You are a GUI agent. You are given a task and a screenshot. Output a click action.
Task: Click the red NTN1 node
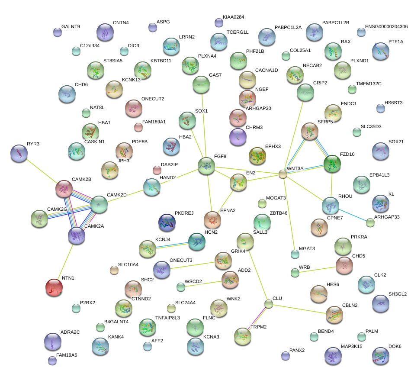point(54,288)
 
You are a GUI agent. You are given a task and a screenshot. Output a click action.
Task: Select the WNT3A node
point(283,174)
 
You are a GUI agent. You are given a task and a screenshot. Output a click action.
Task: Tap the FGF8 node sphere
point(206,166)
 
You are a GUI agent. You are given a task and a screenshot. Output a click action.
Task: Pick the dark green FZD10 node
point(332,163)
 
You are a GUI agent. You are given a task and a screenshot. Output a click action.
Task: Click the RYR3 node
point(19,154)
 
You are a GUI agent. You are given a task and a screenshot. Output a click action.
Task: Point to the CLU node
point(269,304)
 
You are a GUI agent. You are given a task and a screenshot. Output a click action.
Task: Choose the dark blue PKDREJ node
point(167,222)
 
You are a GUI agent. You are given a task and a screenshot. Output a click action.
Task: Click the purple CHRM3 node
point(238,137)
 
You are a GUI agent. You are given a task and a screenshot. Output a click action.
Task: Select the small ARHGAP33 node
point(370,222)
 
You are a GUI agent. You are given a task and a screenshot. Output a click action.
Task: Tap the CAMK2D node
point(99,204)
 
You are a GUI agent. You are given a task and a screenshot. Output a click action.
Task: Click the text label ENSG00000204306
point(386,27)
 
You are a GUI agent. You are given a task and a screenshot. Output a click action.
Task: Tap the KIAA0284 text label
point(234,17)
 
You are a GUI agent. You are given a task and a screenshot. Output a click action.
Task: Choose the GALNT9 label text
point(71,26)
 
